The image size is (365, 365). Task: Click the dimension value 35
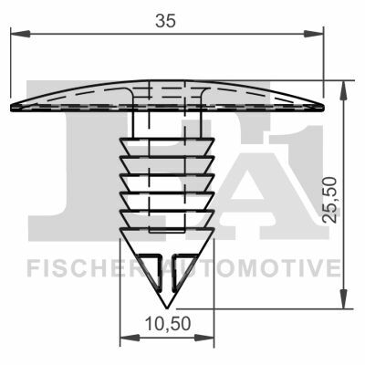165,21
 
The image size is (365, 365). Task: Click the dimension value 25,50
330,200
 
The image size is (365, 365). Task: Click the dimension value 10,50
168,324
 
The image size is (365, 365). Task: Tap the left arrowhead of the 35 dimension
20,34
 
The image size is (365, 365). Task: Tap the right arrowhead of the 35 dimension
313,34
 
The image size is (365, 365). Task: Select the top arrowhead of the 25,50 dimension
344,90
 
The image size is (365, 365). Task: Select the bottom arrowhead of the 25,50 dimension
344,299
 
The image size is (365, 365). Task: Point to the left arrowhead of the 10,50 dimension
130,338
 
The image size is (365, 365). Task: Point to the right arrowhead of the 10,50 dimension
204,338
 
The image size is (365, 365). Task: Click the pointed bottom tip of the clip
167,308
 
